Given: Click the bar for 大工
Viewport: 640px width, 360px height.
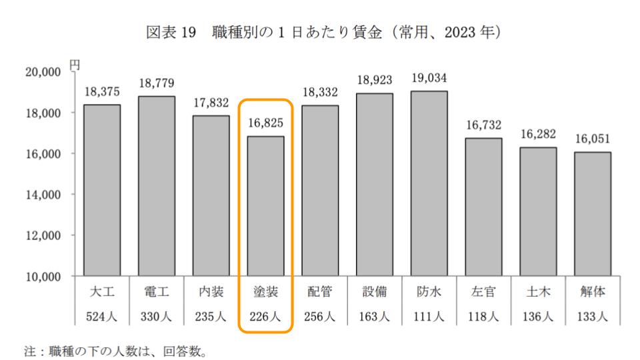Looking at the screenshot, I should tap(102, 190).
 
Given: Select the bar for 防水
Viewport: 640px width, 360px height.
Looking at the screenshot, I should tap(429, 183).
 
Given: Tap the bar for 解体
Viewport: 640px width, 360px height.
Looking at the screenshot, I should tap(592, 213).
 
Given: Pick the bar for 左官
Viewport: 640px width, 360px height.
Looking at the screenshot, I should tap(483, 207).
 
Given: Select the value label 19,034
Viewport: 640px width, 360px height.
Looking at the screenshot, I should tap(429, 78).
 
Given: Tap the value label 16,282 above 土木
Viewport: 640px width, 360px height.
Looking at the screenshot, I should tap(537, 134).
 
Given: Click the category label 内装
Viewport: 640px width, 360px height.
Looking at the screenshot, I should tap(211, 293).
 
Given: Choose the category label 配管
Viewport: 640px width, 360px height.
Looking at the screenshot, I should tap(320, 293).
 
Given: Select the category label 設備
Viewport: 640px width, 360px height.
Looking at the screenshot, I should tap(374, 293).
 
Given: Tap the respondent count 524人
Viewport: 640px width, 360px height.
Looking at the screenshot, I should tap(102, 317).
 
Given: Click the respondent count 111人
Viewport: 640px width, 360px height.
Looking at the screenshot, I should tap(429, 317).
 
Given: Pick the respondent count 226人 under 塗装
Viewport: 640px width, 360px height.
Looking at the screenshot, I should tap(265, 317).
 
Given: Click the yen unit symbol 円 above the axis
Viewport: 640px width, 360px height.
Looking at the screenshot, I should tap(75, 65).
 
